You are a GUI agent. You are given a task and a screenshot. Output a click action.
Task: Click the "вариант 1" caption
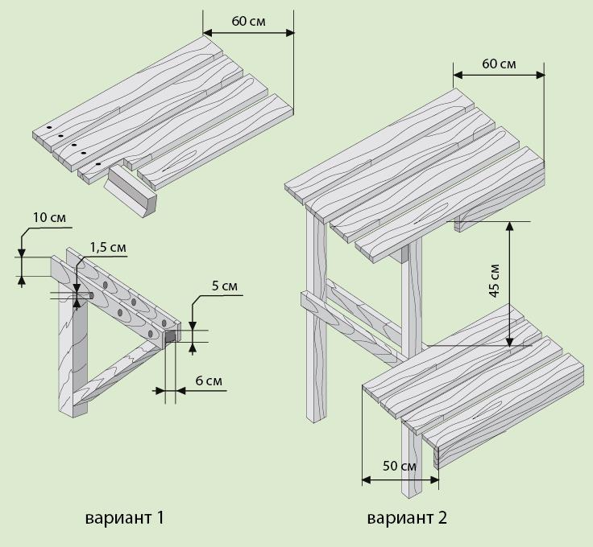click(x=125, y=517)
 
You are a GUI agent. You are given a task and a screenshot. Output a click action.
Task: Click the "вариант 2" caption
click(x=407, y=517)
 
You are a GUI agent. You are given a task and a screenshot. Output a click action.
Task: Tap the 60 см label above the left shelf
click(x=248, y=21)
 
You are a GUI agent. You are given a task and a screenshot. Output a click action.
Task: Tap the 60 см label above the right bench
click(x=499, y=64)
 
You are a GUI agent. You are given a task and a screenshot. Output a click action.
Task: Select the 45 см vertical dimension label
click(x=495, y=281)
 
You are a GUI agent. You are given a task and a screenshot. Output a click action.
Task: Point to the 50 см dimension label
click(x=400, y=466)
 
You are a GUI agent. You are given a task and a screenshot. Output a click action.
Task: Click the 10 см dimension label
click(x=49, y=218)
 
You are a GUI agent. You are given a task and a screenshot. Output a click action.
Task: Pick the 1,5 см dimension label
click(x=108, y=247)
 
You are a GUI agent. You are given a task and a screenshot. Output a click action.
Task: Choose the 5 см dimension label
click(x=225, y=286)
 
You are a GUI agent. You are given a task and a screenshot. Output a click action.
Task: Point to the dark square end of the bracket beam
click(x=171, y=336)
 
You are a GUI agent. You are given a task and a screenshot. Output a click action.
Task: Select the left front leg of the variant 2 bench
click(x=316, y=317)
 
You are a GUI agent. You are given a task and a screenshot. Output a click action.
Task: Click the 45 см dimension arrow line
click(x=509, y=284)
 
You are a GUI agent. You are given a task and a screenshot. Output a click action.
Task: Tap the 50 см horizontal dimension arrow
click(x=400, y=480)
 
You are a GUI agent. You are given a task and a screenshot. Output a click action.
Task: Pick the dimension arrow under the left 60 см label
click(x=248, y=33)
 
